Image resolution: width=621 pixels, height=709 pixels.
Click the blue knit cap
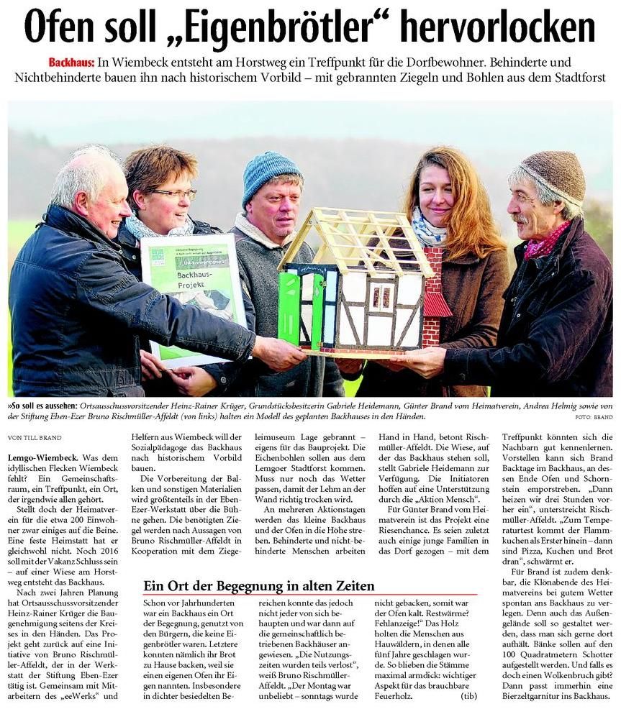pos(271,173)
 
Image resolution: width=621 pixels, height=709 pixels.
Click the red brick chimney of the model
pos(434,295)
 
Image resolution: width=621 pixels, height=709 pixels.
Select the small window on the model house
pos(381,295)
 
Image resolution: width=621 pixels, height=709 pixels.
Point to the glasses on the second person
pos(173,194)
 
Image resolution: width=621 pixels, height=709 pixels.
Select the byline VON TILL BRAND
pos(34,437)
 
